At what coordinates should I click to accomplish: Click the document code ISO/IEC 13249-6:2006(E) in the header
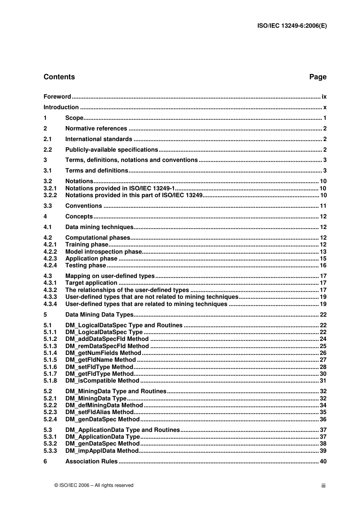pos(292,26)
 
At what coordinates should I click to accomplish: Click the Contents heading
pos(59,77)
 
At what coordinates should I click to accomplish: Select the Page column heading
pos(318,77)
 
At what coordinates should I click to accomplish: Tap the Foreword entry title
pos(57,97)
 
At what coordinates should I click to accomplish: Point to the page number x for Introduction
pos(325,107)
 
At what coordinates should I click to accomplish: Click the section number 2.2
pos(48,150)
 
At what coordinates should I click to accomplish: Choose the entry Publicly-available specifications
pos(111,150)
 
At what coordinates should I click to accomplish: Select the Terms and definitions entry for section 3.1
pos(97,171)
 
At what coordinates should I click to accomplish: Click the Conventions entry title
pos(83,206)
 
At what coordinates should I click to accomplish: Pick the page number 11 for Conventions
pos(323,206)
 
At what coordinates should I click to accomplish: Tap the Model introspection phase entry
pos(103,252)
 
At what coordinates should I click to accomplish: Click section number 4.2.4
pos(50,265)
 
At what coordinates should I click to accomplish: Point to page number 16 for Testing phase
pos(323,265)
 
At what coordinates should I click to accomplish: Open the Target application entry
pos(91,283)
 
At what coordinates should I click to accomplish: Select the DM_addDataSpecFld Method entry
pos(107,339)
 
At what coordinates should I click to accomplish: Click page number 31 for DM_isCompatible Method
pos(323,381)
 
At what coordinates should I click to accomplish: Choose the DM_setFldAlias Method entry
pos(99,412)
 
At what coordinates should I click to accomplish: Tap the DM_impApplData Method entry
pos(102,451)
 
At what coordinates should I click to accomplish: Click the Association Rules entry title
pos(91,461)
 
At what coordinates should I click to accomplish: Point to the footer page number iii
pos(323,486)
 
